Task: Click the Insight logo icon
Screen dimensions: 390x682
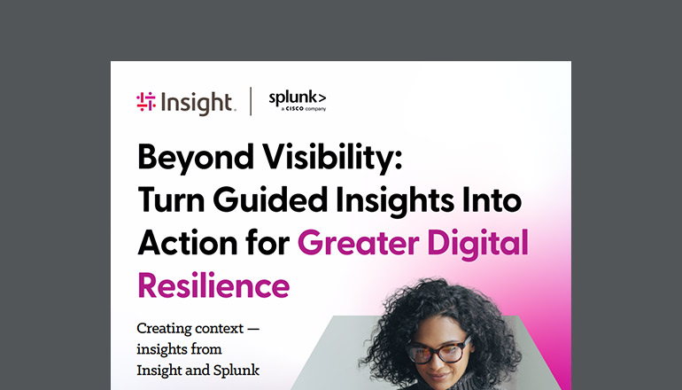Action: coord(146,102)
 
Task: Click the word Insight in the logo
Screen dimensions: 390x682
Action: coord(197,103)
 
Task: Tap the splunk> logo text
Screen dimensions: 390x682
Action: coord(297,97)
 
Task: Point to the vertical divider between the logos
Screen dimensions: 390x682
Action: coord(252,102)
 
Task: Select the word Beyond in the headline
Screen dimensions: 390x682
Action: coord(182,160)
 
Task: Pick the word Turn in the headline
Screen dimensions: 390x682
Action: coord(168,202)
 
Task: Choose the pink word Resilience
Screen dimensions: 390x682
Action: coord(213,285)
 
